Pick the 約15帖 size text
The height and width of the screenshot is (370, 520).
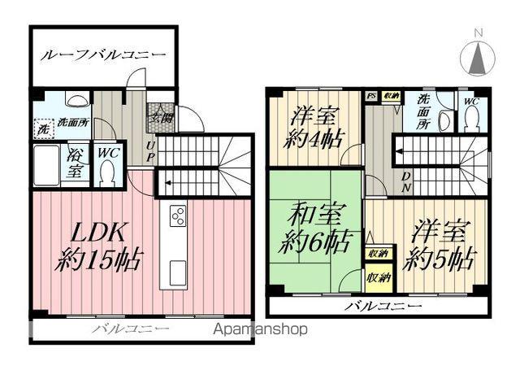(x=100, y=261)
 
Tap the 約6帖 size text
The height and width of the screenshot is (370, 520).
(x=315, y=242)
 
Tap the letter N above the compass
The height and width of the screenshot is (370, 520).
(x=479, y=32)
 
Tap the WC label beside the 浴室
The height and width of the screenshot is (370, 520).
(x=106, y=151)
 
